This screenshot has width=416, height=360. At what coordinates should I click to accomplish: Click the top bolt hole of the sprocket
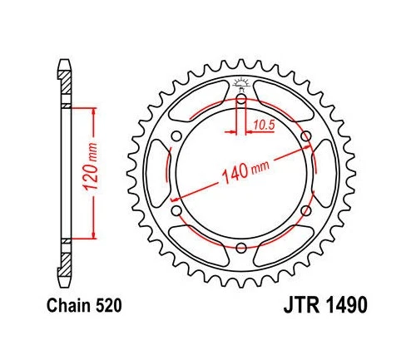click(241, 101)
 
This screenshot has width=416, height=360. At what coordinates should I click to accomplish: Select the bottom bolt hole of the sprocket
click(241, 247)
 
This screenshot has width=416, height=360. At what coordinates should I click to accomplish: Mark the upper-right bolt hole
click(305, 137)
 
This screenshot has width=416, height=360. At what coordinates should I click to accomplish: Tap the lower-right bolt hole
click(305, 210)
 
